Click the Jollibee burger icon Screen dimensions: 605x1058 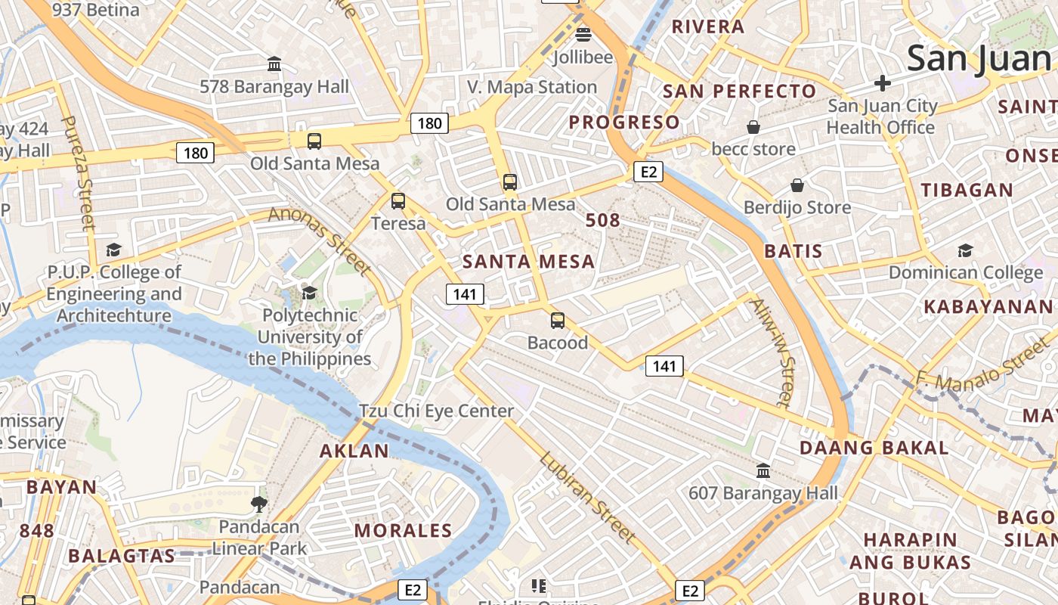(x=583, y=34)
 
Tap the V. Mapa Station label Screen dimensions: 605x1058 (x=532, y=87)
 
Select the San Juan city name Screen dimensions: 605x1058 (x=979, y=58)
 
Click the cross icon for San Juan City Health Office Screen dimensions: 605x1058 (x=882, y=83)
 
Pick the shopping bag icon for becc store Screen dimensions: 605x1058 (x=753, y=126)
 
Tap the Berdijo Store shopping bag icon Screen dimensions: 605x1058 (x=797, y=185)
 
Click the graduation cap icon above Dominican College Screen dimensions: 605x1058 (x=965, y=250)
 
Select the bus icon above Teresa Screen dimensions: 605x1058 (x=398, y=201)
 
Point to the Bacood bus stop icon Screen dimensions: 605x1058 (x=557, y=321)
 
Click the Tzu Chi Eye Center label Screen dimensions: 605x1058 (x=436, y=411)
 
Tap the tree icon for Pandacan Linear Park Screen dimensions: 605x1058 (x=259, y=504)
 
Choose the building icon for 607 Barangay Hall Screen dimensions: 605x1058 (x=763, y=471)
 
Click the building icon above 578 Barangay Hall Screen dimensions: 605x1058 (x=274, y=64)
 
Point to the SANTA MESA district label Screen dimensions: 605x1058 (x=528, y=262)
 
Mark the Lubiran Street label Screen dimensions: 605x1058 (x=586, y=497)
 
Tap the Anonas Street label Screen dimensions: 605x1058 (x=320, y=240)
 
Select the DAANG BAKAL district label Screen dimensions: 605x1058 (x=874, y=448)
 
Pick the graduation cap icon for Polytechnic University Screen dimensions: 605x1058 (x=309, y=293)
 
